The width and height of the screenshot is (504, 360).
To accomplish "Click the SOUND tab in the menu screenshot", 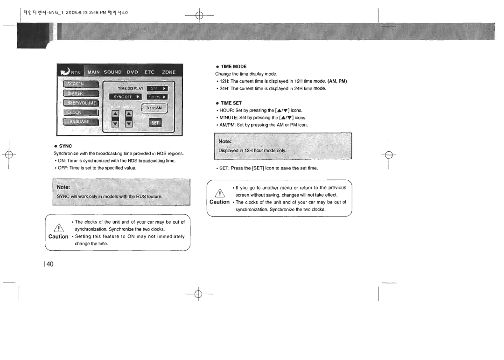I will pyautogui.click(x=112, y=72).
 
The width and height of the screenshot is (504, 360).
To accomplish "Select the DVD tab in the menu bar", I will pyautogui.click(x=133, y=72).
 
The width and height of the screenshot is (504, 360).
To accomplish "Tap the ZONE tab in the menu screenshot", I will pyautogui.click(x=168, y=72).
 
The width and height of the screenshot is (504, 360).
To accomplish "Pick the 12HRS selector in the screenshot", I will pyautogui.click(x=157, y=97).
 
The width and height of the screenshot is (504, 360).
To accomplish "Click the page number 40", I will pyautogui.click(x=49, y=264).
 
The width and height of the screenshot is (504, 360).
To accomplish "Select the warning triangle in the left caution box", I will pyautogui.click(x=59, y=228).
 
